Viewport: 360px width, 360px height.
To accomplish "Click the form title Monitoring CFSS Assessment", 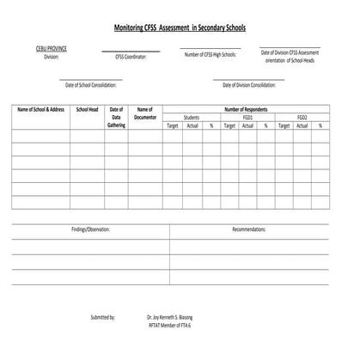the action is click(x=180, y=27).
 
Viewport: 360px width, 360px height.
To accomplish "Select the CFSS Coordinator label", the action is click(x=131, y=57).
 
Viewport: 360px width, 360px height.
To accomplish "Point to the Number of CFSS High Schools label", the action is click(x=211, y=54).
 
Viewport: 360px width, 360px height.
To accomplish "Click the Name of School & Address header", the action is click(x=40, y=109).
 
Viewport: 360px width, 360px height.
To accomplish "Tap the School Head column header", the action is click(x=88, y=109).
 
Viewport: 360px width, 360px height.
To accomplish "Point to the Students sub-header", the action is click(x=191, y=117).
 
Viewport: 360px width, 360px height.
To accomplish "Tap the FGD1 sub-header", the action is click(x=247, y=117).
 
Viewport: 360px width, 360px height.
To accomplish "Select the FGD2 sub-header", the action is click(x=302, y=117).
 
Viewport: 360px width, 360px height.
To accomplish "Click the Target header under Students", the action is click(x=172, y=125).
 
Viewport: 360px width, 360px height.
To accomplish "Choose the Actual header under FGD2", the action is click(x=301, y=125).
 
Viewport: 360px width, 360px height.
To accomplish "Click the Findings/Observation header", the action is click(x=90, y=230).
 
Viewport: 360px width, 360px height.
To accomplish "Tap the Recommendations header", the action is click(x=249, y=230).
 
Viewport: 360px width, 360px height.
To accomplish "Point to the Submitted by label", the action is click(x=103, y=317).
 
